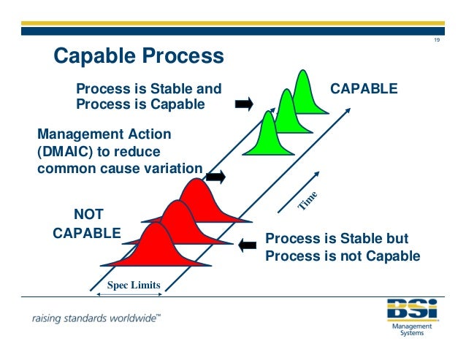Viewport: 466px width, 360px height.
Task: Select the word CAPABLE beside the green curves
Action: (364, 88)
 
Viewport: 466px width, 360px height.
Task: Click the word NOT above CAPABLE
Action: (89, 214)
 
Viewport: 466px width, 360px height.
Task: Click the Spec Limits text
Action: (134, 285)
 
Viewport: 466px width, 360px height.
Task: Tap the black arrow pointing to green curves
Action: (244, 104)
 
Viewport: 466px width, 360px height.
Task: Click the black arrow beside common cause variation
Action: (215, 177)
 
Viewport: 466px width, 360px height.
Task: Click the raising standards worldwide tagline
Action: (96, 318)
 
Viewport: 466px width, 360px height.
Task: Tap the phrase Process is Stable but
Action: (336, 239)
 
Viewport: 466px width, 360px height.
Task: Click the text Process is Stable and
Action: (148, 89)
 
